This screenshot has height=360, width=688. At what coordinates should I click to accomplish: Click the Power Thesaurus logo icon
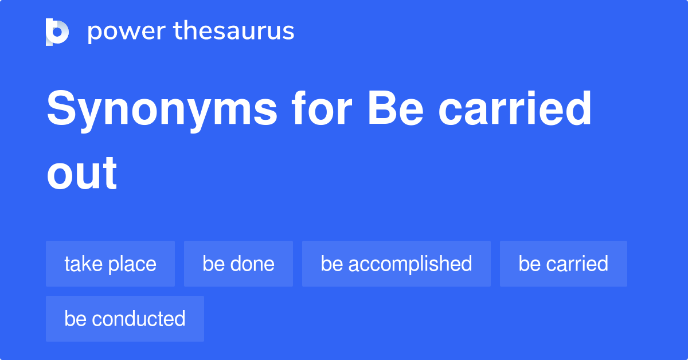(x=57, y=32)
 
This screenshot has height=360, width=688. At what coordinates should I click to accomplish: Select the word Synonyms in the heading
(x=162, y=110)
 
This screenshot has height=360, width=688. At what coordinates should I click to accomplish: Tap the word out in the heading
(x=82, y=173)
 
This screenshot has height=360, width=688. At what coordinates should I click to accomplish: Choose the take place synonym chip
(x=110, y=264)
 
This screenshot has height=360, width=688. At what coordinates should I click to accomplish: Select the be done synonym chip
(x=238, y=264)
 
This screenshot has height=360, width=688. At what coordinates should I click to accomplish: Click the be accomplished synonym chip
(x=396, y=264)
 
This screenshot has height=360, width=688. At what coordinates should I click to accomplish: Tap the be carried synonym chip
(x=563, y=264)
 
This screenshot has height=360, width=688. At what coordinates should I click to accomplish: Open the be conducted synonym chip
(x=124, y=319)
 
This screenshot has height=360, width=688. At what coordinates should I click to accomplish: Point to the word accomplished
(x=409, y=264)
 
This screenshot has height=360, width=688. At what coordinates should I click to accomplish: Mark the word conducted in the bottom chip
(x=138, y=319)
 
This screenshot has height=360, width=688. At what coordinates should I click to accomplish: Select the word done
(x=252, y=264)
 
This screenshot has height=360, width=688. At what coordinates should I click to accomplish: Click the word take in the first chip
(x=82, y=264)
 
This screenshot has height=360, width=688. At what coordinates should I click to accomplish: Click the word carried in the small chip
(x=577, y=264)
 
